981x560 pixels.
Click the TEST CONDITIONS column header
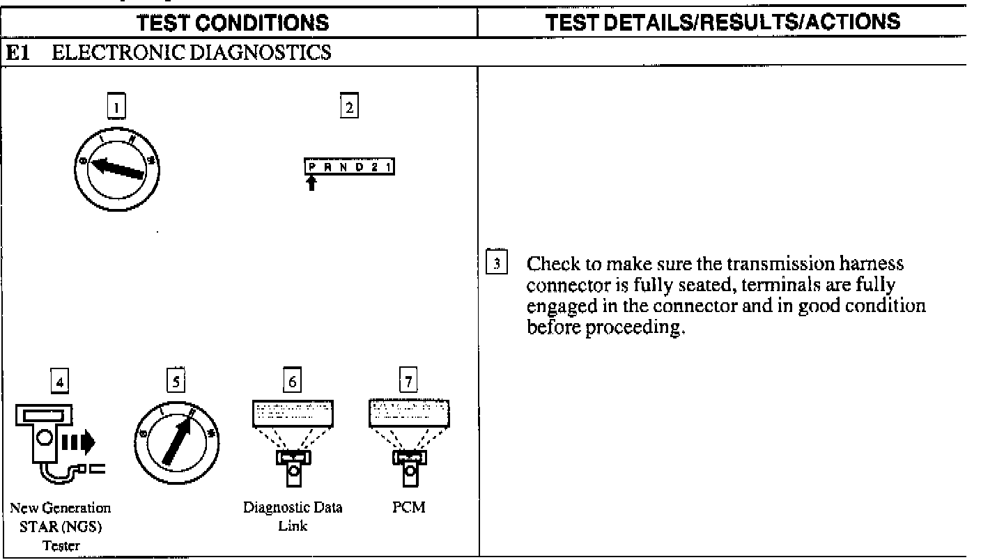click(x=233, y=23)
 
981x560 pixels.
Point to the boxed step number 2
click(x=348, y=107)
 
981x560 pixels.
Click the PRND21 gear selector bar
click(x=349, y=168)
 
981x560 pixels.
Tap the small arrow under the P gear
click(x=311, y=183)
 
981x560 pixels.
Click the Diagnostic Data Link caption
click(x=293, y=515)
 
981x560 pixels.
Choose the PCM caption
click(x=409, y=508)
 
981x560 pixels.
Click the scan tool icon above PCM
click(x=409, y=439)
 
